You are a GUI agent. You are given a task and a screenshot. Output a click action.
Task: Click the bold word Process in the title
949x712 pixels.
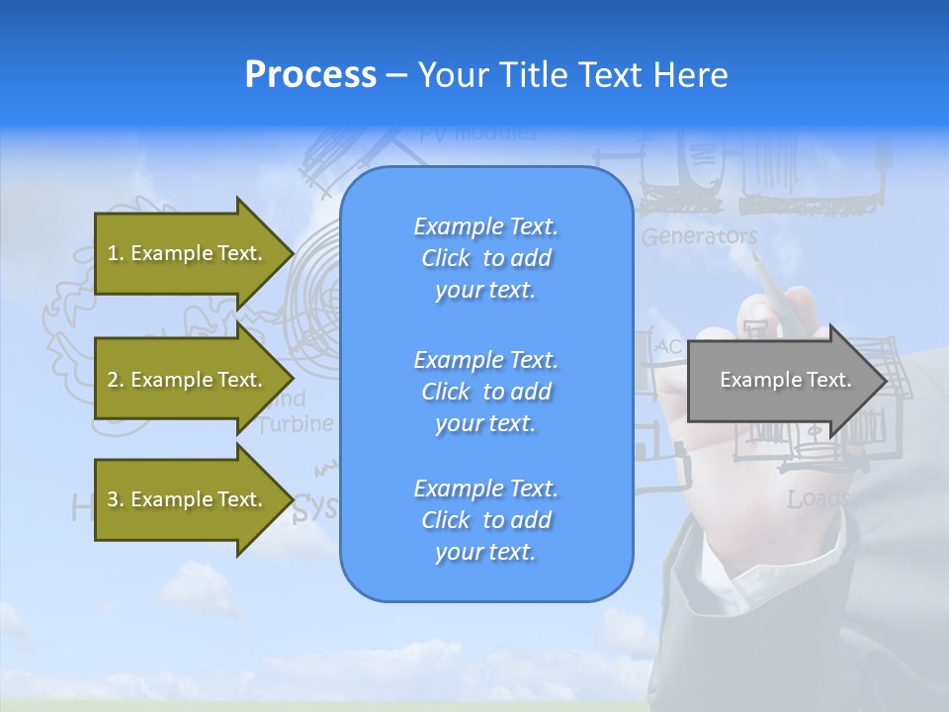coord(310,75)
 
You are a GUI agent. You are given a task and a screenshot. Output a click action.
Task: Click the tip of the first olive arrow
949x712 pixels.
coord(291,253)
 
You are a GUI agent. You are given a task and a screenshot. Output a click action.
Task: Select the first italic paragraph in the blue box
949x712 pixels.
coord(485,258)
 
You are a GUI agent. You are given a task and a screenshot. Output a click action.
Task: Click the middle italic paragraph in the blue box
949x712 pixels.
coord(485,391)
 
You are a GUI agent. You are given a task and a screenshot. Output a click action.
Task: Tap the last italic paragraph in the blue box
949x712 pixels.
coord(485,520)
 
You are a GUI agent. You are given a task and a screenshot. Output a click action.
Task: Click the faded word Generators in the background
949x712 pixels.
coord(699,236)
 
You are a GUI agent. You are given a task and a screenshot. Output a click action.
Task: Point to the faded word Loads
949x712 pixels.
coord(818,499)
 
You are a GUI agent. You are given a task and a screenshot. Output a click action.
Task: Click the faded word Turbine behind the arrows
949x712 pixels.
coord(296,424)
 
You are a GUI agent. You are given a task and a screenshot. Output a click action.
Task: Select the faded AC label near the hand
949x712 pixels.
coord(669,347)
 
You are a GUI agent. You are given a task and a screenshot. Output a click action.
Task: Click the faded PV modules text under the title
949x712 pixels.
coord(477,133)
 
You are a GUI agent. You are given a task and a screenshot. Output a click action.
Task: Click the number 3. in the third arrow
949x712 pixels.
coord(115,499)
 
